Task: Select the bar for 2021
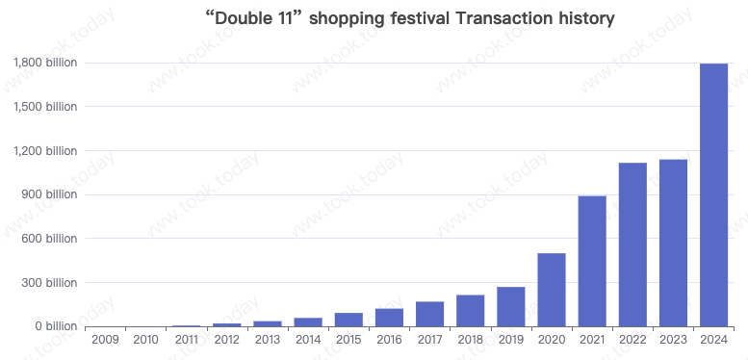pyautogui.click(x=592, y=261)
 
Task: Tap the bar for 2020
pyautogui.click(x=552, y=290)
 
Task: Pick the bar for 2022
pyautogui.click(x=632, y=244)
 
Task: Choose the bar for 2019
pyautogui.click(x=511, y=306)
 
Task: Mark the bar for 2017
pyautogui.click(x=430, y=314)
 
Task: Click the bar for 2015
pyautogui.click(x=348, y=320)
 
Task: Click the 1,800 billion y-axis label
pyautogui.click(x=45, y=63)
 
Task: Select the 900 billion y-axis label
pyautogui.click(x=52, y=194)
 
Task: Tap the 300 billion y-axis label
pyautogui.click(x=52, y=283)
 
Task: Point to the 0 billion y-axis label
pyautogui.click(x=57, y=326)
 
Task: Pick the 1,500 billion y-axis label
pyautogui.click(x=45, y=107)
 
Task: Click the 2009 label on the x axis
pyautogui.click(x=105, y=339)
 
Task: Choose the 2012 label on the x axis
pyautogui.click(x=227, y=339)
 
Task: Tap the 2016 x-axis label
pyautogui.click(x=389, y=339)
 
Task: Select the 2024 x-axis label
pyautogui.click(x=713, y=339)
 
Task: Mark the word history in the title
pyautogui.click(x=582, y=18)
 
